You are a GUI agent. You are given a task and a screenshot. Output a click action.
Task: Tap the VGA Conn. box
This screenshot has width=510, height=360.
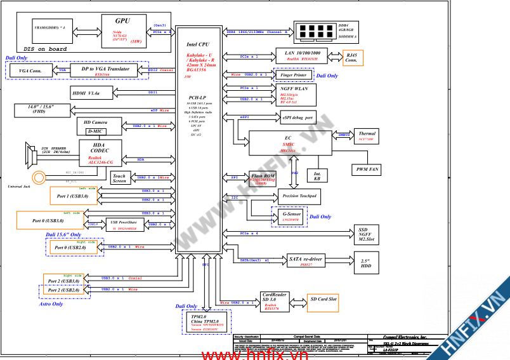tap(30, 70)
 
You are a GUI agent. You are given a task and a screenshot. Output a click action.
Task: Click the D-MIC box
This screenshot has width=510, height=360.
tap(95, 131)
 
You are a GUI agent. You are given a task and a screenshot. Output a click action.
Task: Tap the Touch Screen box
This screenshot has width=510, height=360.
tap(119, 178)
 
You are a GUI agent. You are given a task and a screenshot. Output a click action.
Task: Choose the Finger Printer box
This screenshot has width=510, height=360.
tap(292, 75)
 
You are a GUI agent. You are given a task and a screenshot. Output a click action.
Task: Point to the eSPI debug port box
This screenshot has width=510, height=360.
tap(298, 117)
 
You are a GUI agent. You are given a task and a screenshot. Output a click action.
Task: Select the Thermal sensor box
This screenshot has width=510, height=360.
tap(367, 136)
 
